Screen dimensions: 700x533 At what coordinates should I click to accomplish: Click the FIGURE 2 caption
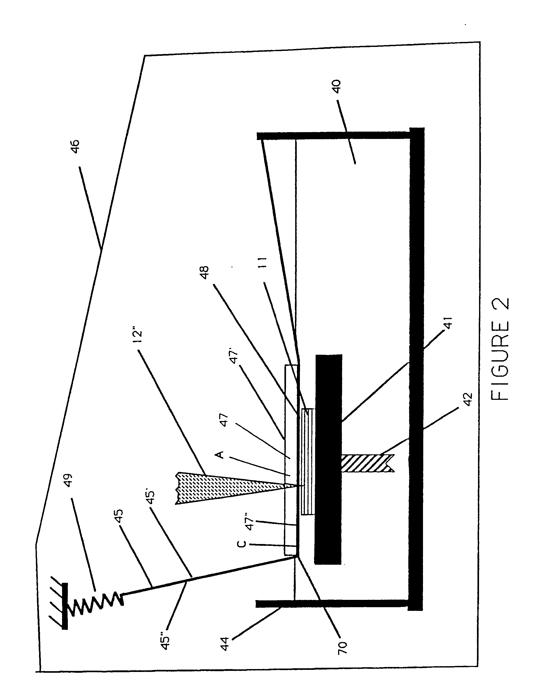tap(501, 349)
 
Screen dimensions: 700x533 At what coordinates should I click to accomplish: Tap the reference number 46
tap(75, 147)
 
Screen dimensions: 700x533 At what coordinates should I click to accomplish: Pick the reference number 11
tap(263, 263)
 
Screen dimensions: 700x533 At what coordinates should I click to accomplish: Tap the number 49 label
tap(68, 481)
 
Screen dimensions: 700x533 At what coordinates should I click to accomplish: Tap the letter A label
tap(219, 455)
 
